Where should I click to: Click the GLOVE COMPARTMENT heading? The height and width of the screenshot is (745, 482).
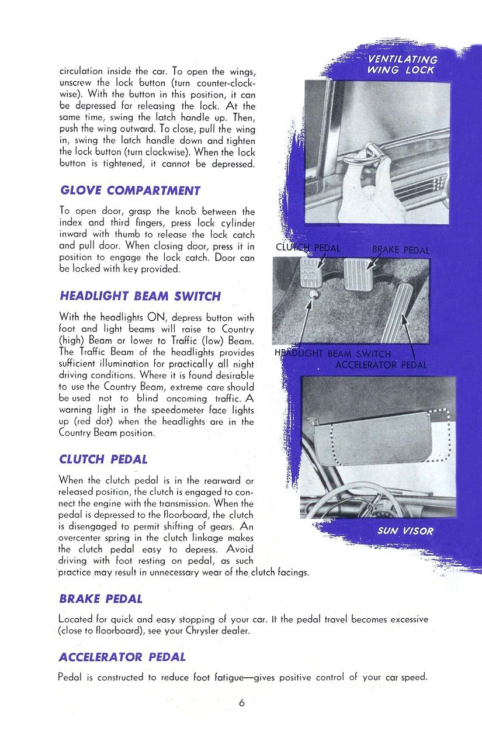[x=130, y=190]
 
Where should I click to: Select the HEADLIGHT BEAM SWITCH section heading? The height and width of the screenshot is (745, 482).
[x=140, y=296]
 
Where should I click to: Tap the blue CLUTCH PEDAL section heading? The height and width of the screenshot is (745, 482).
[x=103, y=459]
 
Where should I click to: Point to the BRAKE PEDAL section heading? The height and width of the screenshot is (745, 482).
[x=100, y=599]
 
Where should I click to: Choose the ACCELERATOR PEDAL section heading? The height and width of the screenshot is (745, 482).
[x=122, y=657]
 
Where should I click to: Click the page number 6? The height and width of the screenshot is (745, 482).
[x=241, y=703]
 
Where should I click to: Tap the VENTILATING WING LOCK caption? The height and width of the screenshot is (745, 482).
[x=401, y=65]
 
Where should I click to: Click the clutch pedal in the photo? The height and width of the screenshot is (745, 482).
[x=310, y=271]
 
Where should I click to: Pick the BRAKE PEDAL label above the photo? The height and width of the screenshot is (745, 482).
[x=400, y=250]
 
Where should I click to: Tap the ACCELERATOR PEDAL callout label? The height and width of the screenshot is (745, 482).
[x=381, y=365]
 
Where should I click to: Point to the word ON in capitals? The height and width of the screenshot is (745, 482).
[x=156, y=318]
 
